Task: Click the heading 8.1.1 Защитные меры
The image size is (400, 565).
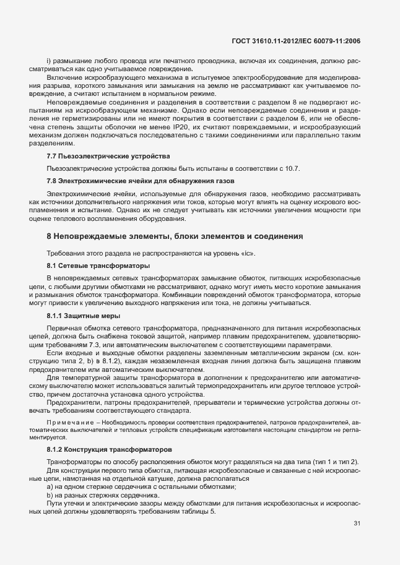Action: [84, 316]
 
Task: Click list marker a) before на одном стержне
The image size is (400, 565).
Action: [50, 481]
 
